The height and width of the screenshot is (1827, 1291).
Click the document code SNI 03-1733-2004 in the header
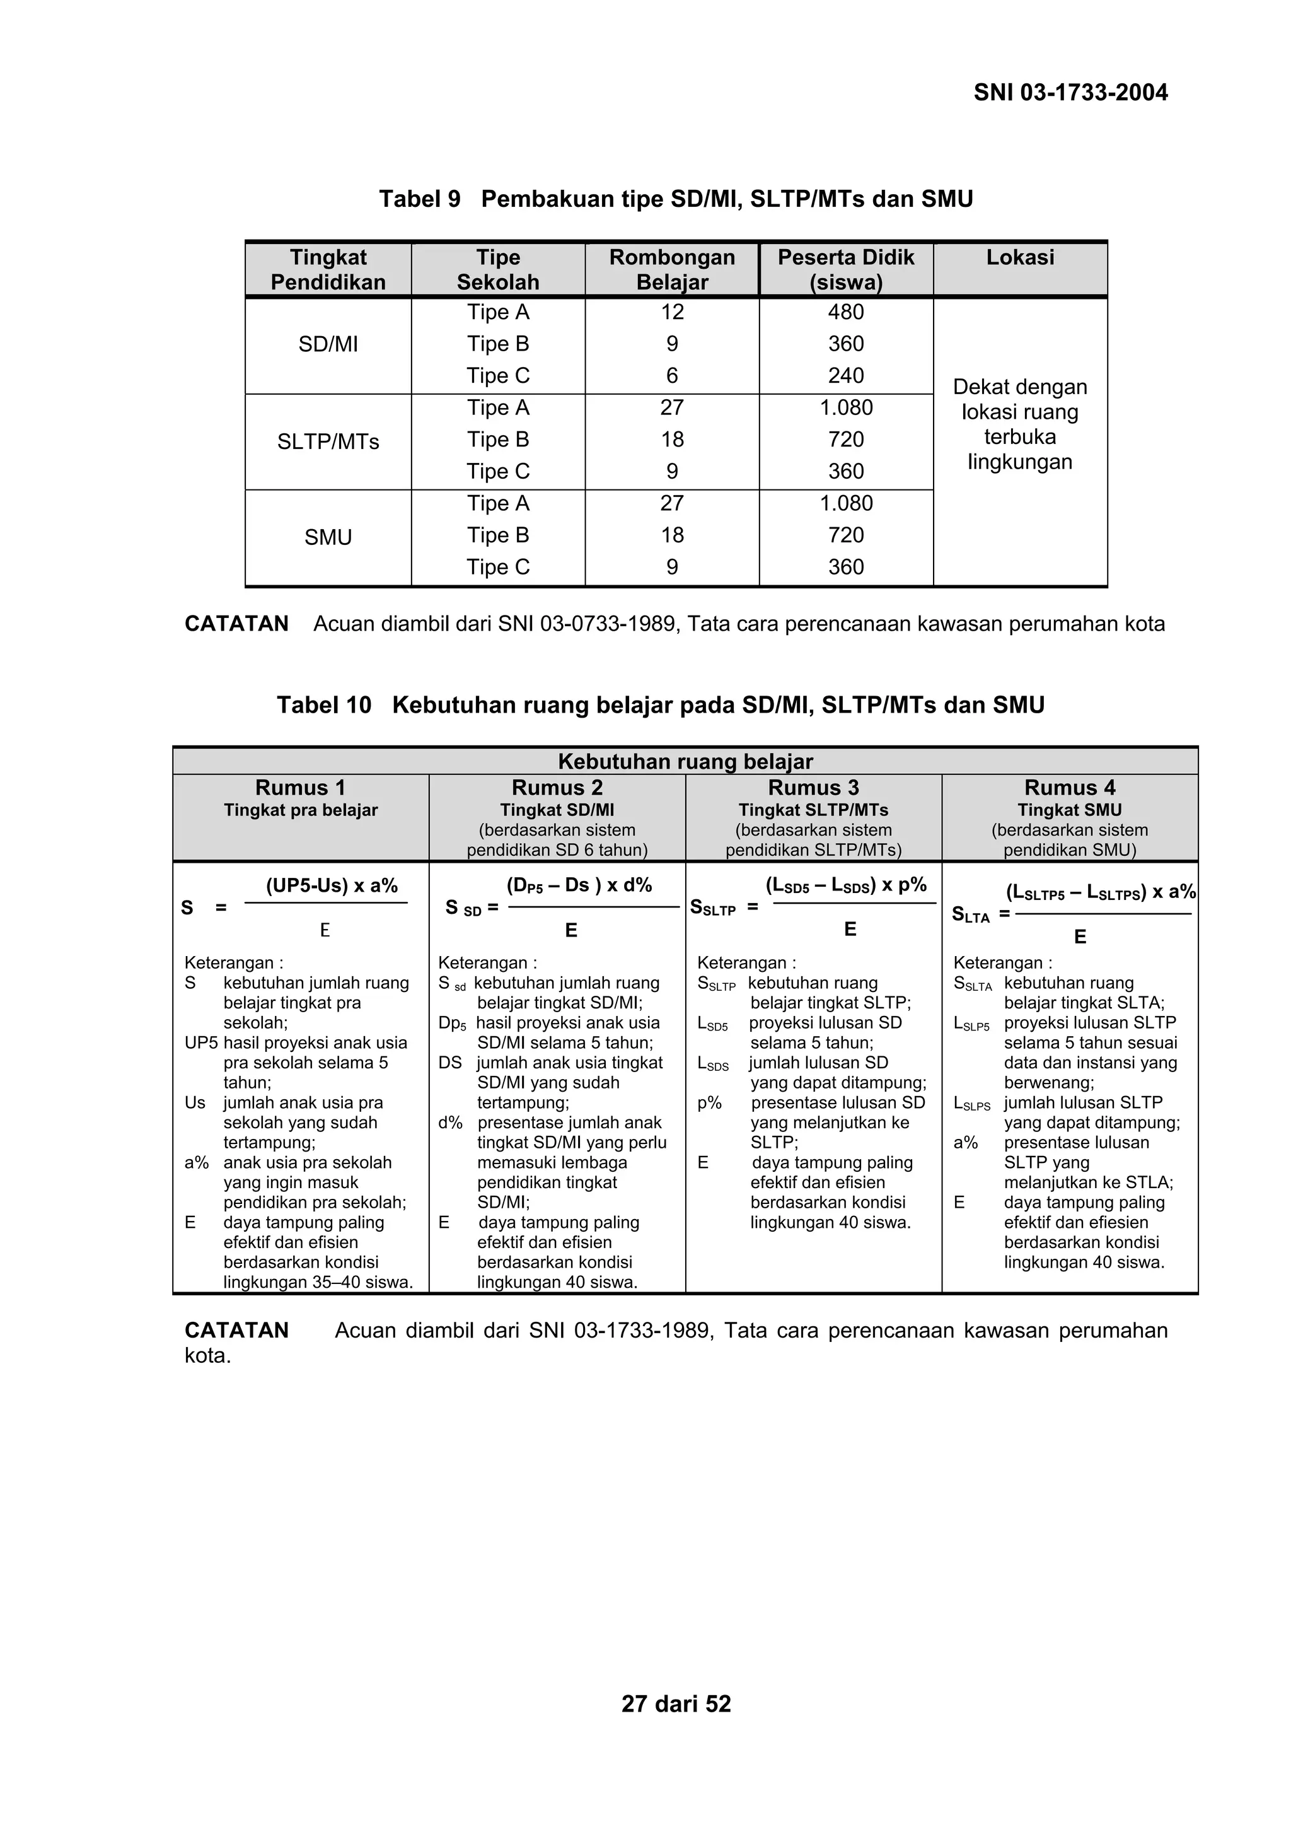(1070, 93)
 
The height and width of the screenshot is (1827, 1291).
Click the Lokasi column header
(1020, 257)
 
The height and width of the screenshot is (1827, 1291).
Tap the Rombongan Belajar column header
(671, 270)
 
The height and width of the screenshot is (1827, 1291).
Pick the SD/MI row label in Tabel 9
(328, 344)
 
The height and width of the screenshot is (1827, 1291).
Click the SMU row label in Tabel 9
(328, 537)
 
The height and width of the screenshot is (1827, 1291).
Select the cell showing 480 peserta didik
(845, 312)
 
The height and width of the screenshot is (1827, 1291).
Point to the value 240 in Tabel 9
(845, 376)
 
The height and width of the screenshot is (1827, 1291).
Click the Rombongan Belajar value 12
(671, 312)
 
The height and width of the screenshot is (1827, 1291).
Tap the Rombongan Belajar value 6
(671, 376)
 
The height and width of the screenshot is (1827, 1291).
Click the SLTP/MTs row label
(328, 441)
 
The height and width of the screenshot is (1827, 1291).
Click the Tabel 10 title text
(659, 705)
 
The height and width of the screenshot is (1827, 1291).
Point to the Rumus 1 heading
(300, 788)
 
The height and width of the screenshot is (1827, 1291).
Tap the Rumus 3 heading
(813, 788)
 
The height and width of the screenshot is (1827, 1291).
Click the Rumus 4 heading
(1069, 788)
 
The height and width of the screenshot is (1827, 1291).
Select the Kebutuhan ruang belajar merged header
(685, 762)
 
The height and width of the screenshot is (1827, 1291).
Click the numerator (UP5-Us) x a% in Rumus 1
(331, 885)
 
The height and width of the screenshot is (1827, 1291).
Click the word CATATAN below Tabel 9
(236, 624)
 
